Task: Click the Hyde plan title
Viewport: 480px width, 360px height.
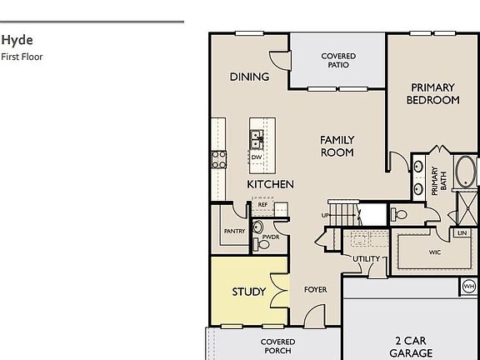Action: point(17,40)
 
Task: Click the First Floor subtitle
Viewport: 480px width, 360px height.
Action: point(22,57)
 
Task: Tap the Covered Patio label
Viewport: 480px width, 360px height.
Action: point(338,61)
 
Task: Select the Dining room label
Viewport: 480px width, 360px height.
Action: point(249,77)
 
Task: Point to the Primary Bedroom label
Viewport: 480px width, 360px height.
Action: point(432,93)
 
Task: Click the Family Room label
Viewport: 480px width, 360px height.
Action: point(337,146)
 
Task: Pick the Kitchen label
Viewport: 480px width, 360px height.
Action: point(270,183)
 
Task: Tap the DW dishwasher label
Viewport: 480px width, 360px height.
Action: point(257,157)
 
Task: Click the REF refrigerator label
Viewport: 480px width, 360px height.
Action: point(262,204)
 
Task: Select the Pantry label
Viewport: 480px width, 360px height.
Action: point(234,232)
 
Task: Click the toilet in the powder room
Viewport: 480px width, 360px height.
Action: point(257,226)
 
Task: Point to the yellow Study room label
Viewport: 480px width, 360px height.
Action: point(248,292)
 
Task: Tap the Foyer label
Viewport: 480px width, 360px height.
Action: point(315,290)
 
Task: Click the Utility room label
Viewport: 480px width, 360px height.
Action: point(366,259)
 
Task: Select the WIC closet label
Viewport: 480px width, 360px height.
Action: point(435,252)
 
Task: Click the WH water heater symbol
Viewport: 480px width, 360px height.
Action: point(468,287)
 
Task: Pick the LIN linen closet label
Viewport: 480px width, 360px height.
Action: point(461,233)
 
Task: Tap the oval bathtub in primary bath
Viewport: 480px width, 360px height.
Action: point(466,172)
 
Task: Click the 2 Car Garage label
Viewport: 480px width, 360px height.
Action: point(412,347)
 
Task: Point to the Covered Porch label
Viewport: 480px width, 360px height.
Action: point(277,347)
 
